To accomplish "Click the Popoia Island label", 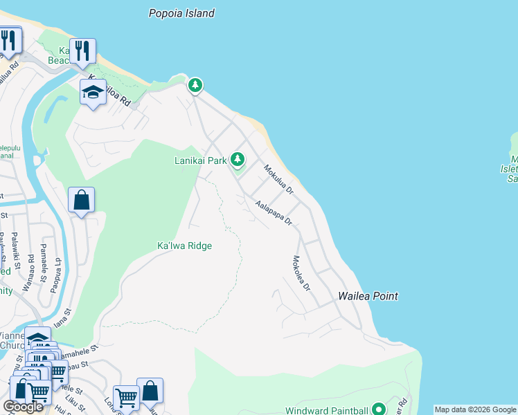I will click(x=182, y=13).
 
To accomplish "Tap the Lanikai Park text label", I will click(x=201, y=161).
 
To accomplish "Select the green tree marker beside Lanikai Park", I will click(x=238, y=160).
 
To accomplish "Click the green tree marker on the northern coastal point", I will click(x=196, y=85).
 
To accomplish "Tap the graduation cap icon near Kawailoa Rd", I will click(x=93, y=92).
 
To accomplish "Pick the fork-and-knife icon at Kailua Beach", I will click(x=82, y=50).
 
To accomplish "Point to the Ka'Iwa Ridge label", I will click(x=184, y=246).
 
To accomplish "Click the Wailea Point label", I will click(x=368, y=296).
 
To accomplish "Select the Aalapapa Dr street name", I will click(x=274, y=214).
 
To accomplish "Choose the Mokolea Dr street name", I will click(x=301, y=273).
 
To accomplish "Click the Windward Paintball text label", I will click(x=326, y=410).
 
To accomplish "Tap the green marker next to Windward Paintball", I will click(x=378, y=409).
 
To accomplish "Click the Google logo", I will click(x=23, y=407).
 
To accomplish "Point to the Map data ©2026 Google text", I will click(x=475, y=409).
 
